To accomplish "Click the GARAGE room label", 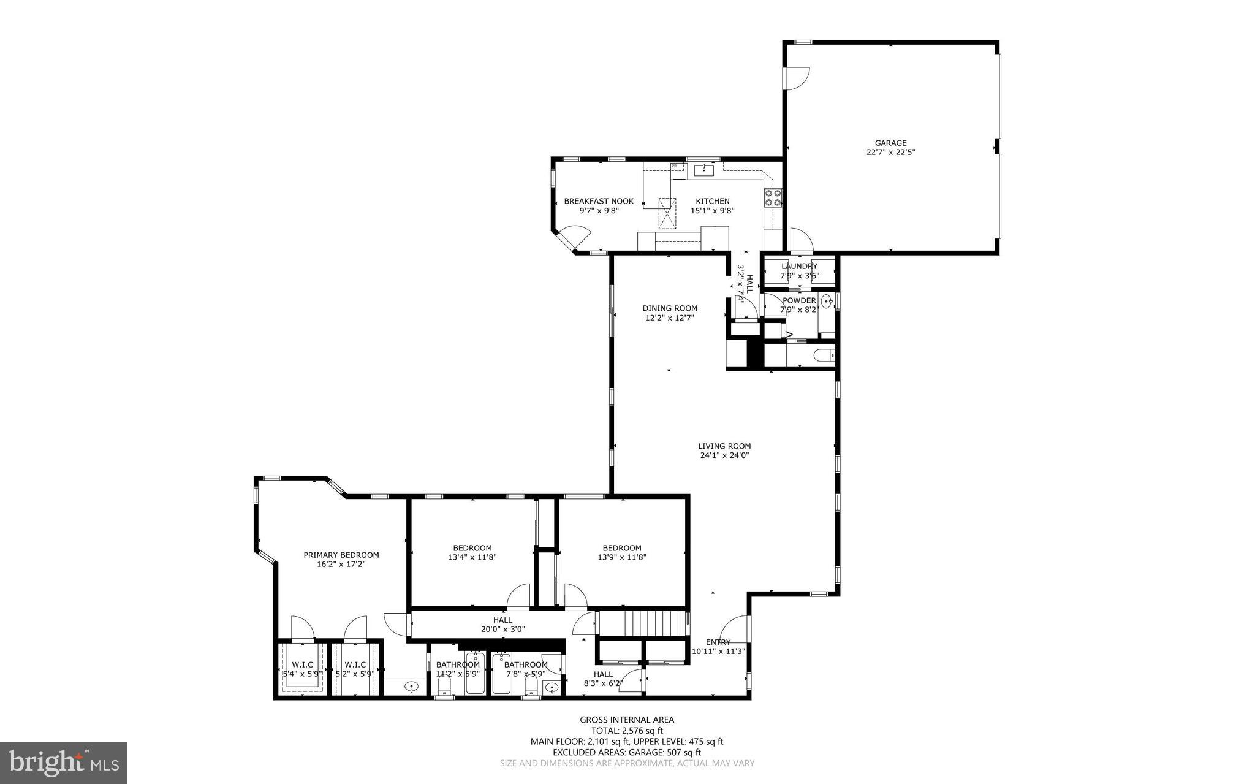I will click(x=890, y=143).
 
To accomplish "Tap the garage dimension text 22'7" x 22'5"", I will click(x=890, y=153).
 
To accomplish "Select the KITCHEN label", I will click(x=712, y=201).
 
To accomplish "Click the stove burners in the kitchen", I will click(x=772, y=197).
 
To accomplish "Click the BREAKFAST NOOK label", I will click(x=599, y=201).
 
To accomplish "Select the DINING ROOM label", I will click(x=669, y=308).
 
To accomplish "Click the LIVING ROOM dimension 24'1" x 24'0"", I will click(x=724, y=455).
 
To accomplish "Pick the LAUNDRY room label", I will click(x=799, y=266).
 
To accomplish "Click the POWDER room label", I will click(x=799, y=300).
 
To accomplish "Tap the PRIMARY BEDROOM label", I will click(x=341, y=555).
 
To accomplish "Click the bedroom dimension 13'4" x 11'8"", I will click(x=472, y=558).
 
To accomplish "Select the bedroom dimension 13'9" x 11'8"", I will click(x=621, y=558).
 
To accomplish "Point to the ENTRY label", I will click(x=718, y=642).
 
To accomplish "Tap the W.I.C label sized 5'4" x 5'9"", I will click(x=302, y=664).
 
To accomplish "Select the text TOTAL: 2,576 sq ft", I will click(x=627, y=731).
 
